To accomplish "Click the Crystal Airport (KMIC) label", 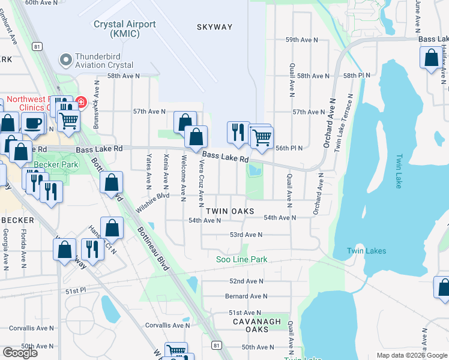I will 125,29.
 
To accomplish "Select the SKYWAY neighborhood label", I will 214,27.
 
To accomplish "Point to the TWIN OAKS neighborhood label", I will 230,211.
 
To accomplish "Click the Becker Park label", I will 56,164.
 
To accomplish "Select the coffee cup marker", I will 32,122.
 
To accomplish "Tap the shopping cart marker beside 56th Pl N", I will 262,137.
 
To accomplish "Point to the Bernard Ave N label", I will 246,296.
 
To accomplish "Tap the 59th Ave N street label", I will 301,40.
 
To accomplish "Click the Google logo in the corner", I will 20,353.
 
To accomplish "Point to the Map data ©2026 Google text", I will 411,355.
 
